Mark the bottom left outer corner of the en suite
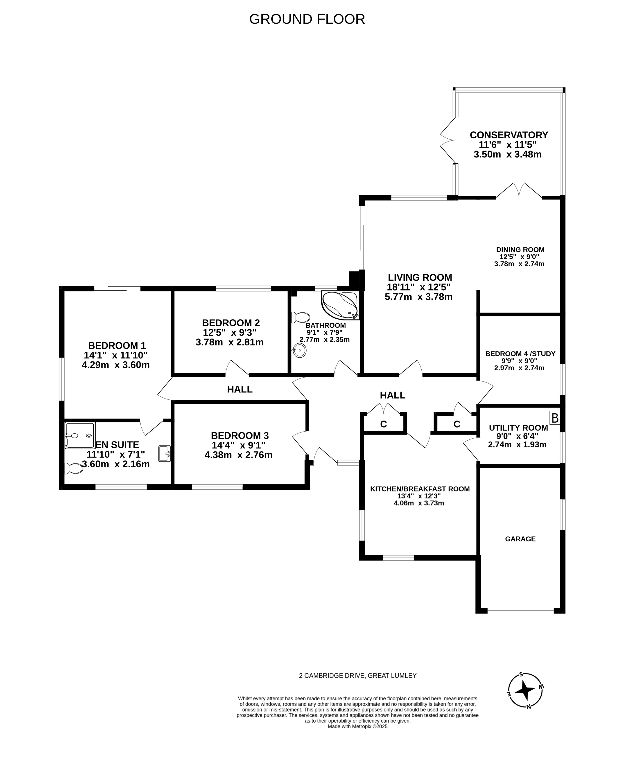[x=59, y=489]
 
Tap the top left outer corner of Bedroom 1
[x=59, y=286]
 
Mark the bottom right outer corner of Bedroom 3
[x=310, y=489]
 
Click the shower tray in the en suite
[x=80, y=435]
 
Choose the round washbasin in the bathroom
[x=299, y=350]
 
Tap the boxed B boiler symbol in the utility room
[x=555, y=418]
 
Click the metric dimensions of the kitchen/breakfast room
[x=419, y=503]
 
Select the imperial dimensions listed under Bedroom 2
[x=230, y=332]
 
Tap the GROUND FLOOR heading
[x=307, y=19]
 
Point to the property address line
[x=358, y=676]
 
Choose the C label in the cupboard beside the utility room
[x=457, y=424]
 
